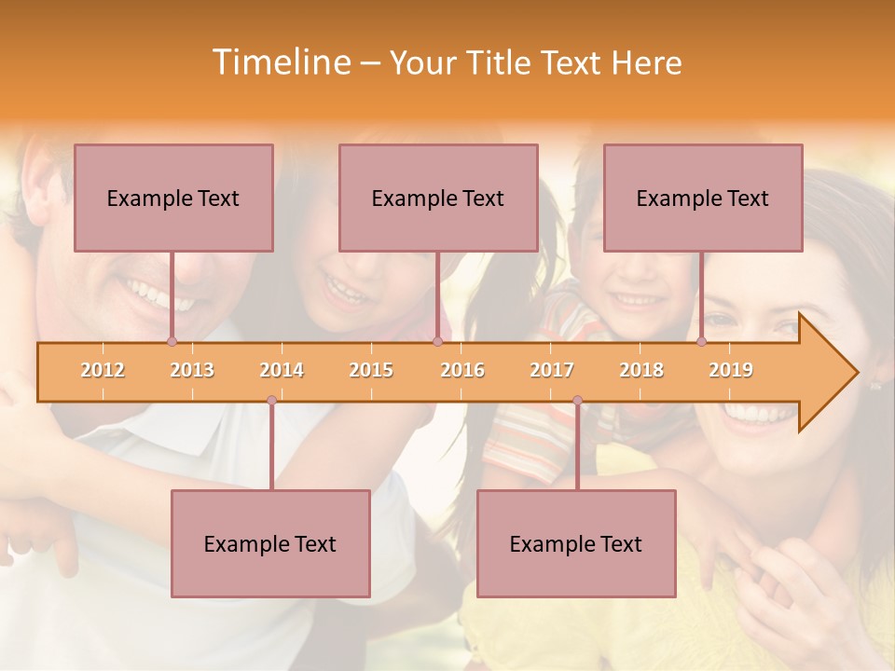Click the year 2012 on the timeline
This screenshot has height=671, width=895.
point(103,370)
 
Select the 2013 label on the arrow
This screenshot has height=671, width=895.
point(192,370)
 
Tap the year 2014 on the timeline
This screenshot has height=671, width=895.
point(282,370)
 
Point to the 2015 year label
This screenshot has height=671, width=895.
point(371,370)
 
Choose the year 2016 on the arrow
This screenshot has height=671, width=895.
point(462,370)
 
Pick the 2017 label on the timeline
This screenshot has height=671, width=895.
point(552,370)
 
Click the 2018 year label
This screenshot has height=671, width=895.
point(641,370)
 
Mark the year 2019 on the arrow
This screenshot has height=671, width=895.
point(731,370)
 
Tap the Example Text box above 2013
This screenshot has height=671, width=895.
point(173,198)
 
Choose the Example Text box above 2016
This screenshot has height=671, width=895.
point(438,198)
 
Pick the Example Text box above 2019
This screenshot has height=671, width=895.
point(703,198)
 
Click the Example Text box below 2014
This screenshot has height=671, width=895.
point(270,543)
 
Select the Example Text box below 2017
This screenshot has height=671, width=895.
point(576,543)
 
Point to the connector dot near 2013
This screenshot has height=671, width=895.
point(172,342)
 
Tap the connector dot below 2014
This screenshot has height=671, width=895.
point(271,401)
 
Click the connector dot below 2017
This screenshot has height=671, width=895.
point(577,401)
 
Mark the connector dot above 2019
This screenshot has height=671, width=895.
point(702,342)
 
